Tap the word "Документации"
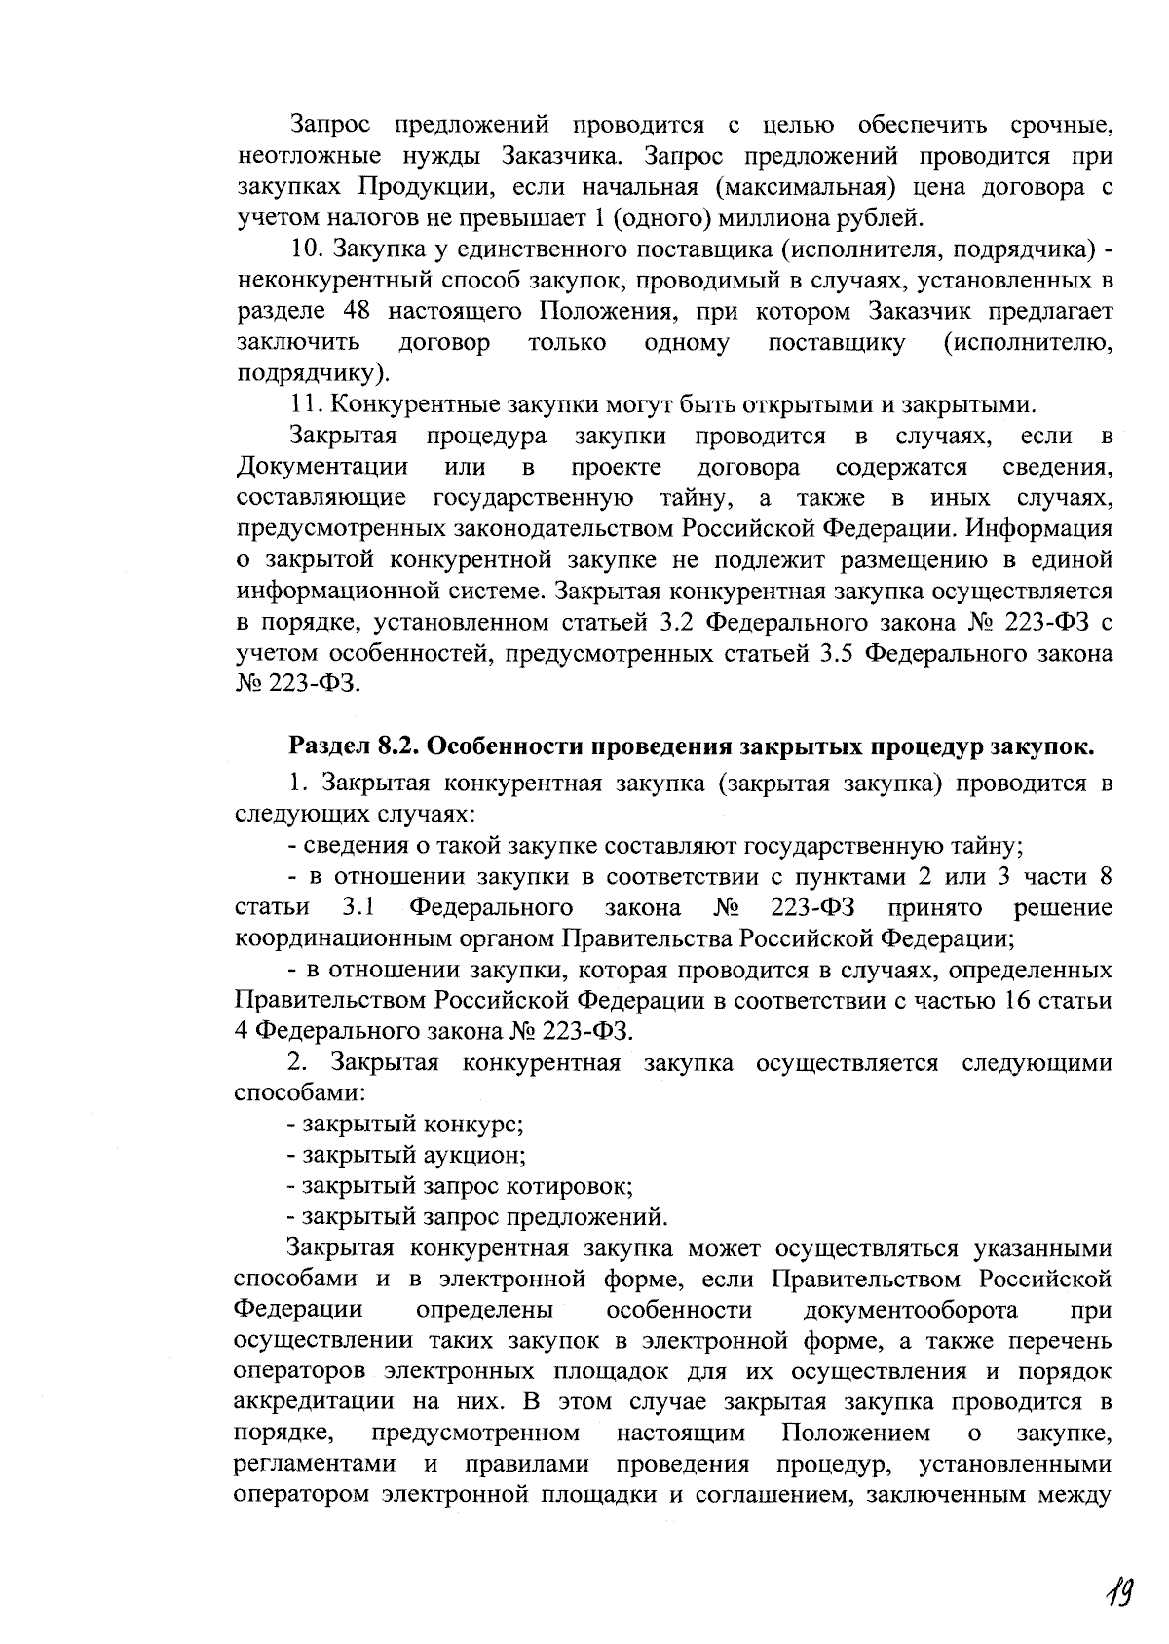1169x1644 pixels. (x=321, y=467)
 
